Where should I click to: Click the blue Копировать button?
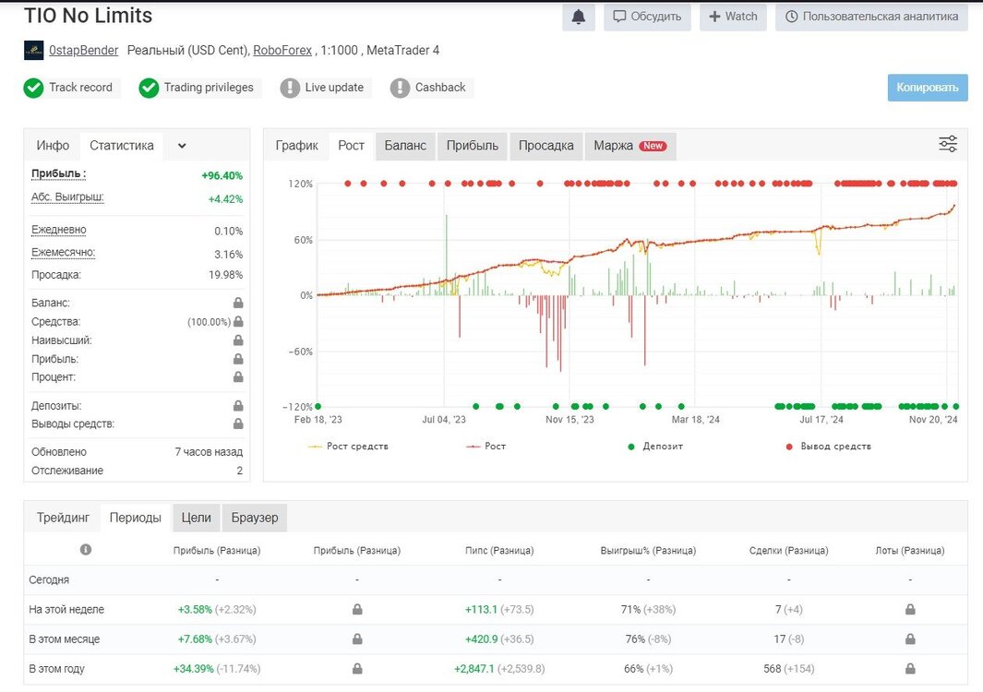928,88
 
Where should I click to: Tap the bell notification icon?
579,17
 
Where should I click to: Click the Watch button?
733,17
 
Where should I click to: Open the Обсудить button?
647,17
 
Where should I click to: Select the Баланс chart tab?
405,146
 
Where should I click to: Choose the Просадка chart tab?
545,146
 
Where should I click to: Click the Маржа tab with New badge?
630,146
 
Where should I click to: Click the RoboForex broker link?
282,50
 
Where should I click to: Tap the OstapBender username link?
83,50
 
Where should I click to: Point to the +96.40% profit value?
222,175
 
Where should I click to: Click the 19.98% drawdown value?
226,275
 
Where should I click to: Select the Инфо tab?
53,146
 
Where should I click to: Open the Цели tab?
197,518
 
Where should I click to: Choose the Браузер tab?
255,518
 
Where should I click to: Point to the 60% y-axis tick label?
304,240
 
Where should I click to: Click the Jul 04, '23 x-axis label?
444,419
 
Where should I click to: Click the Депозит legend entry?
655,447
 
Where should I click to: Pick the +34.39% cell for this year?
193,669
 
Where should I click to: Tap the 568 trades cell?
773,669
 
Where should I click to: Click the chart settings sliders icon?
948,144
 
